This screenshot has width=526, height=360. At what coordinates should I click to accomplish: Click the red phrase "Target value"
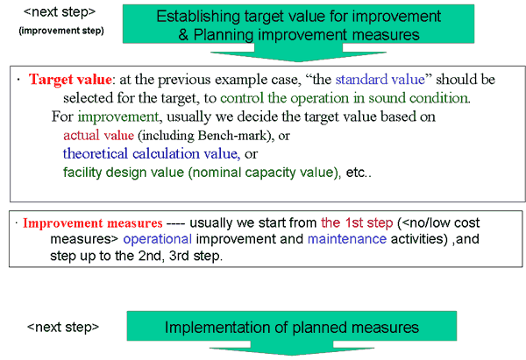(x=70, y=80)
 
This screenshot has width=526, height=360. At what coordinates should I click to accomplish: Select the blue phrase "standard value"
(x=380, y=80)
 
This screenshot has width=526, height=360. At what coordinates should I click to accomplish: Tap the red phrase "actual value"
(x=98, y=136)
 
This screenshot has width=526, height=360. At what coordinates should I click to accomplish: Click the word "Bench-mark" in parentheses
(x=231, y=136)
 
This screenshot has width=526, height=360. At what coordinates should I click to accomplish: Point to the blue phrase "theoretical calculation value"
(x=151, y=154)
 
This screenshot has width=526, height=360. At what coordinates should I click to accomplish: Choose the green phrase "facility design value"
(x=124, y=173)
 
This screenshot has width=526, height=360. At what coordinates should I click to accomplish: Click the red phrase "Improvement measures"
(x=93, y=222)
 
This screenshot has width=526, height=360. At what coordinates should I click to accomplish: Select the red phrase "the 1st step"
(x=357, y=222)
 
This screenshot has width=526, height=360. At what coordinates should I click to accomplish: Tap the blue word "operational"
(x=157, y=239)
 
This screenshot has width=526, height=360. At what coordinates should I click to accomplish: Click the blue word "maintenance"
(x=347, y=239)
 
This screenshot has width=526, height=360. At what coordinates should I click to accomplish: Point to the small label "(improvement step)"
(x=61, y=31)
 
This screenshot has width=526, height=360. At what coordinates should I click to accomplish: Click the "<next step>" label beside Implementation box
(x=63, y=327)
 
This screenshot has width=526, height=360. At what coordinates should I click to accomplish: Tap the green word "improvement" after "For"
(x=118, y=117)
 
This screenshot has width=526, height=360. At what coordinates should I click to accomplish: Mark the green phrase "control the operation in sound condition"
(x=345, y=98)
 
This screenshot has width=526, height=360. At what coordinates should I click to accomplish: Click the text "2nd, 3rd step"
(x=180, y=256)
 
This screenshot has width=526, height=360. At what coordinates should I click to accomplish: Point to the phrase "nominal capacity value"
(x=262, y=173)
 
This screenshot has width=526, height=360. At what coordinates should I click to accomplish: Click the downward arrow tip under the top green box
(x=298, y=61)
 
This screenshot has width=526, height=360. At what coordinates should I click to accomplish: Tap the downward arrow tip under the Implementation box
(x=292, y=356)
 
